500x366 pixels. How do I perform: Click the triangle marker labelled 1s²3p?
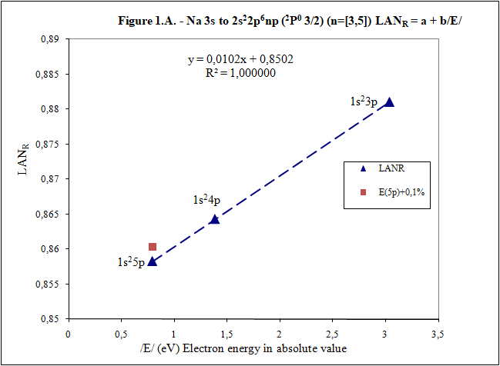(389, 102)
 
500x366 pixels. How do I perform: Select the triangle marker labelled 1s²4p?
(214, 219)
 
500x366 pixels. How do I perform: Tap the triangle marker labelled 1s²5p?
(152, 261)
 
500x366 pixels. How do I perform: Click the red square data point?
(153, 247)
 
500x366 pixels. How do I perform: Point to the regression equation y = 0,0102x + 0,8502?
(240, 59)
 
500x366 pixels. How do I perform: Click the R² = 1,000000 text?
(240, 73)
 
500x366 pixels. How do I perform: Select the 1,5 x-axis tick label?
(227, 334)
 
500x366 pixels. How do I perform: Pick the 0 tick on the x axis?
(69, 334)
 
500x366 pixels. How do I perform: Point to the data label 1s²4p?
(206, 201)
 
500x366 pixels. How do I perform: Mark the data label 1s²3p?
(362, 100)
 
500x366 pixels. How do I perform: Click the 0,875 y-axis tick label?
(49, 144)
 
